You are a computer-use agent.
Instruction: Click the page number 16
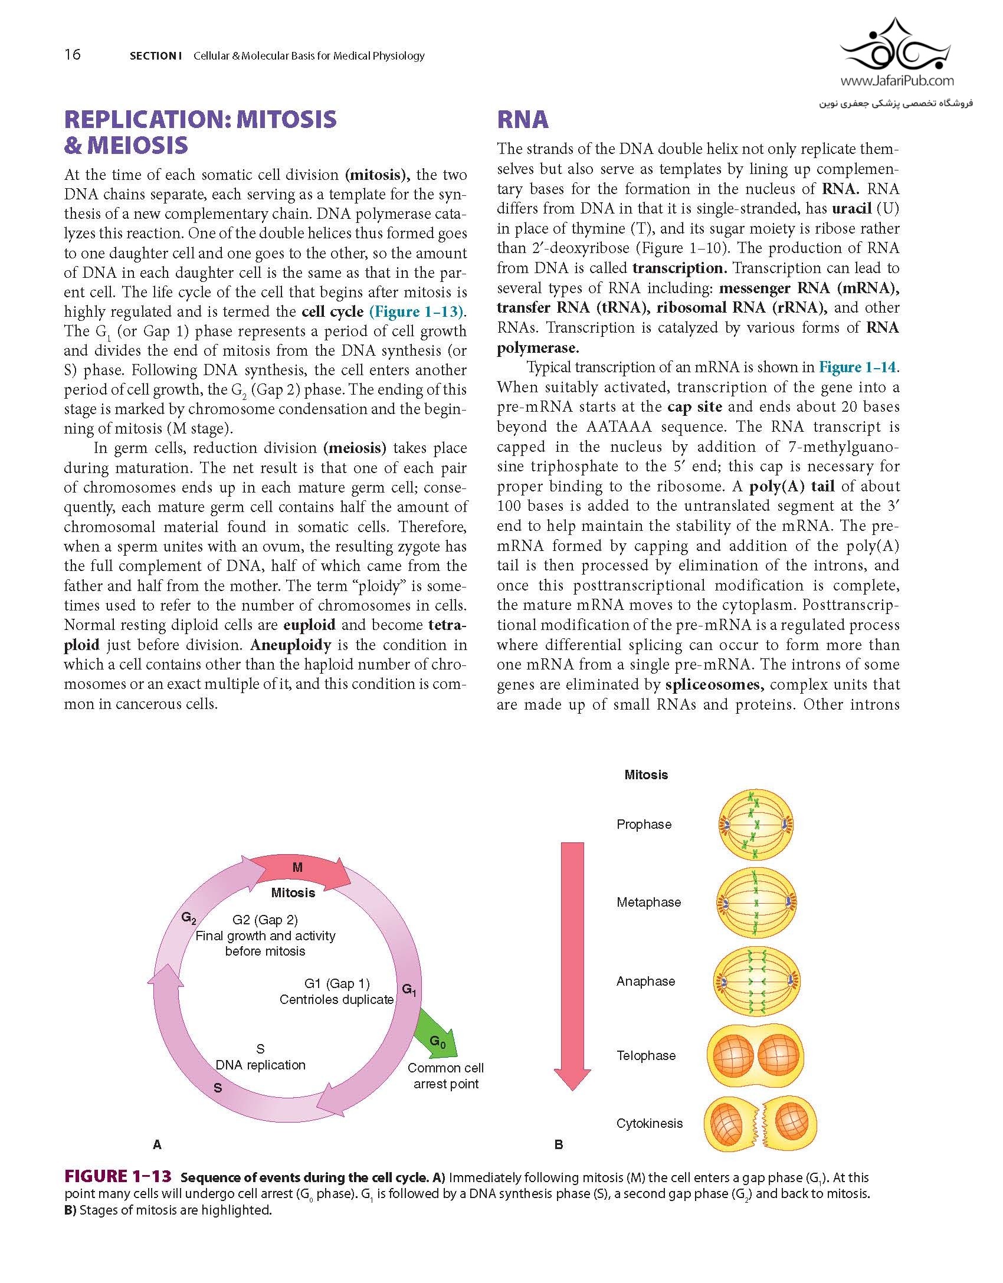coord(73,55)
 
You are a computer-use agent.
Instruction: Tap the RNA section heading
coord(523,120)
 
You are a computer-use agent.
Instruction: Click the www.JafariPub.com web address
coord(896,81)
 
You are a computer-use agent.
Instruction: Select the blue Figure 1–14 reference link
coord(857,367)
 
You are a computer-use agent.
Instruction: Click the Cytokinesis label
coord(649,1124)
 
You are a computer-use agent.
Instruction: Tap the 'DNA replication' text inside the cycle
coord(260,1065)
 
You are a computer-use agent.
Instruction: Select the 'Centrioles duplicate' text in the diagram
coord(336,999)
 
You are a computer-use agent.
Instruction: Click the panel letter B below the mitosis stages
coord(559,1145)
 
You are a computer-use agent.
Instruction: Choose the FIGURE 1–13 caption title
coord(118,1177)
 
